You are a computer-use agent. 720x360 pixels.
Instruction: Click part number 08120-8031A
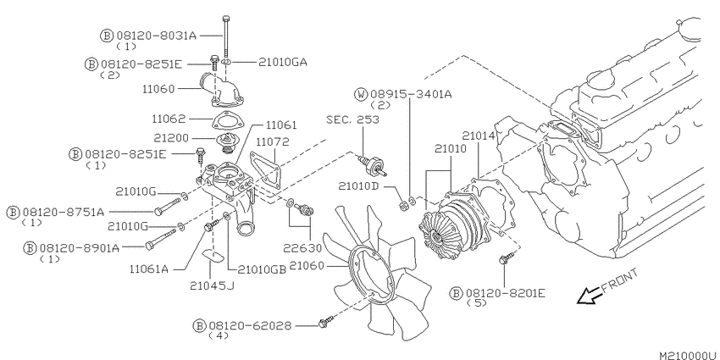point(156,36)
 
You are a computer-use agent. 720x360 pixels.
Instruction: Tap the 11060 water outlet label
point(158,89)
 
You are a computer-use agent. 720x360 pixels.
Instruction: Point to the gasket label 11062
point(169,119)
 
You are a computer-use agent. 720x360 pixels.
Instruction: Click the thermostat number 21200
point(170,138)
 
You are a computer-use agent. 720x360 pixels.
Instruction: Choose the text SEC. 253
point(352,119)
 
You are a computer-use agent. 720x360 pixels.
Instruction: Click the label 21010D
point(358,186)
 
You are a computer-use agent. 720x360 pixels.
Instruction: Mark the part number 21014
point(479,136)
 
